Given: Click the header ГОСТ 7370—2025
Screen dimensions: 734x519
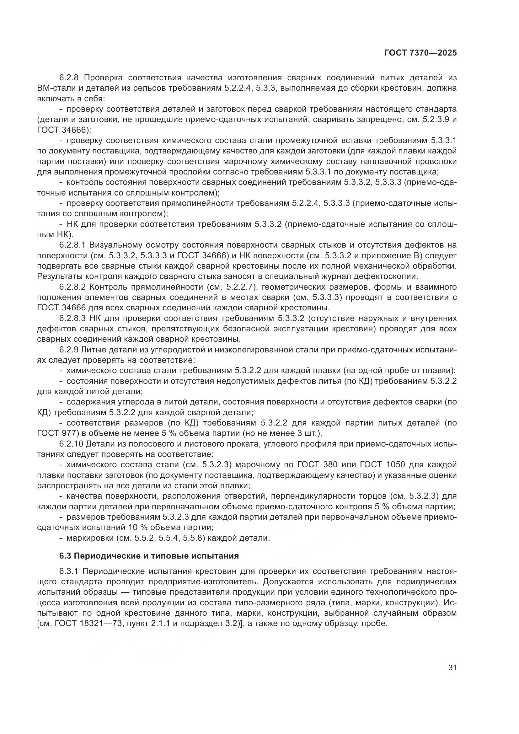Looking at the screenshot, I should [420, 53].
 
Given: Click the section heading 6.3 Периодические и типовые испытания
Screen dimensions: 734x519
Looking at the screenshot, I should [149, 556].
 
